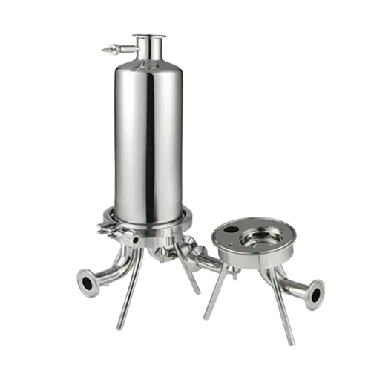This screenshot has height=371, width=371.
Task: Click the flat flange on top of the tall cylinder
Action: (x=149, y=36)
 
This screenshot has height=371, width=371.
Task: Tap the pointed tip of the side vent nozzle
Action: (x=104, y=50)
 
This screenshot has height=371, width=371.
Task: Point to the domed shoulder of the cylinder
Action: (x=148, y=65)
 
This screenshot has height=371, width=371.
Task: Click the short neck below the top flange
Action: (x=149, y=46)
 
